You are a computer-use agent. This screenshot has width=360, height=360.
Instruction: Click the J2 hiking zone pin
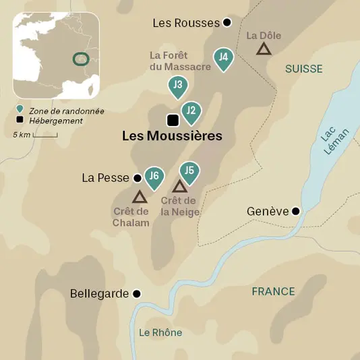click(191, 111)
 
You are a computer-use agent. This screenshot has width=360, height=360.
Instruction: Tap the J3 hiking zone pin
click(177, 86)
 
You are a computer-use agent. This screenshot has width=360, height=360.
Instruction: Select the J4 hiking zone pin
click(223, 58)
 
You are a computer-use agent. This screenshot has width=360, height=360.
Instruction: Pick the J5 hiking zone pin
click(189, 171)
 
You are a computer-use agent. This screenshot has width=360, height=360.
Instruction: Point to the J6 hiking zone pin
click(154, 177)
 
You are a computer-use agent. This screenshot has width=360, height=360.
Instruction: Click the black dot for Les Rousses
click(227, 22)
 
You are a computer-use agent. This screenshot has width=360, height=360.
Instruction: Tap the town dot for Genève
click(295, 211)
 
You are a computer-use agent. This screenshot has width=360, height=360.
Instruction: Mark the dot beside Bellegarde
click(137, 294)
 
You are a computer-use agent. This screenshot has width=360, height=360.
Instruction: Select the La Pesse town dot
click(138, 178)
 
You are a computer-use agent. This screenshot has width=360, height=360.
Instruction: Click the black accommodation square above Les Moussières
click(173, 121)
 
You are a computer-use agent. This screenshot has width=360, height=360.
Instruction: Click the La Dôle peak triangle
click(264, 49)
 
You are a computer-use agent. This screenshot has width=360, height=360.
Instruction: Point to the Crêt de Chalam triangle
click(140, 197)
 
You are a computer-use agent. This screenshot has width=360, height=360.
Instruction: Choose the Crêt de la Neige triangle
click(179, 187)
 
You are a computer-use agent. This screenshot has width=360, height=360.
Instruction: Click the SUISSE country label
click(303, 69)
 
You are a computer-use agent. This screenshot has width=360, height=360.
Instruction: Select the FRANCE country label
click(273, 291)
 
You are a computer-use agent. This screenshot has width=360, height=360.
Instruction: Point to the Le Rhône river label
click(160, 332)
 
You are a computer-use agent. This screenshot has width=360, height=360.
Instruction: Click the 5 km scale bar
click(45, 136)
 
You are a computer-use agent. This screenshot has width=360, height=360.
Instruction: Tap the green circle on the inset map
click(82, 59)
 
